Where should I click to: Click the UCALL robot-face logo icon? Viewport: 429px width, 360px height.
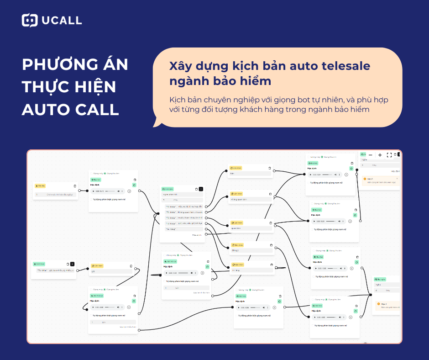click(30, 20)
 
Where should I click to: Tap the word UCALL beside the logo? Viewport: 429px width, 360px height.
click(61, 21)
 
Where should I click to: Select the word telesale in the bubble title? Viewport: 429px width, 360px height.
click(341, 66)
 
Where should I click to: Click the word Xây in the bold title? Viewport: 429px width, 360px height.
click(180, 66)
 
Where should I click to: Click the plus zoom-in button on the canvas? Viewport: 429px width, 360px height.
click(380, 155)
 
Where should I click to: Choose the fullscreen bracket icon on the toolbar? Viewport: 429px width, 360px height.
click(389, 155)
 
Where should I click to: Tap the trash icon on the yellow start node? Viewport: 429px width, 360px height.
click(75, 186)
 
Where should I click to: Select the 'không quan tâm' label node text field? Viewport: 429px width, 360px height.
click(250, 200)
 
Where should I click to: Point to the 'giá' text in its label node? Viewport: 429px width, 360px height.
click(94, 271)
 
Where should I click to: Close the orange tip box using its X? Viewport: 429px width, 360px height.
click(397, 179)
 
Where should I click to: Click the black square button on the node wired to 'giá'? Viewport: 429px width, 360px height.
click(72, 264)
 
